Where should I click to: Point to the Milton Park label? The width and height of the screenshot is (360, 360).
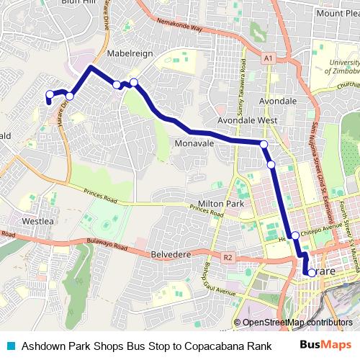pyautogui.click(x=222, y=204)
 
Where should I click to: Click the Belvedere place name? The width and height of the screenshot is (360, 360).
pyautogui.click(x=170, y=254)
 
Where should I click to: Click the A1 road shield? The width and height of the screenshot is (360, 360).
pyautogui.click(x=268, y=57)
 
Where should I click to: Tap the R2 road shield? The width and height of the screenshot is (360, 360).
pyautogui.click(x=229, y=256)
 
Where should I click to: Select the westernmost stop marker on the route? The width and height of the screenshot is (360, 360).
pyautogui.click(x=50, y=94)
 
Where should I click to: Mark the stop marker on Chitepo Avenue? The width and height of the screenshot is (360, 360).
pyautogui.click(x=295, y=235)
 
